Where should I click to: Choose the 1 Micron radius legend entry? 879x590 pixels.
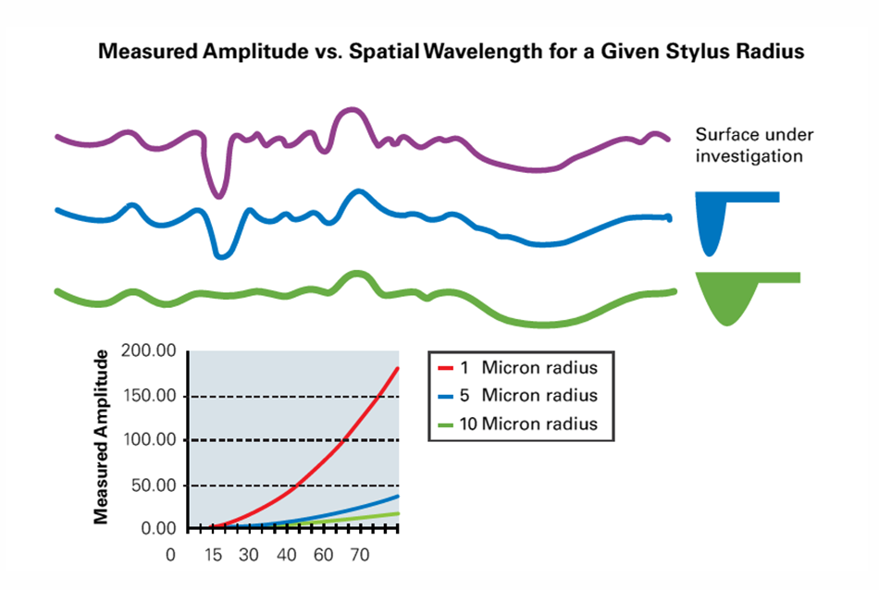pyautogui.click(x=517, y=367)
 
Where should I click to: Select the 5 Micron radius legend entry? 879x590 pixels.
pyautogui.click(x=517, y=396)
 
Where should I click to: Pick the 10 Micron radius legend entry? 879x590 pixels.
pyautogui.click(x=517, y=424)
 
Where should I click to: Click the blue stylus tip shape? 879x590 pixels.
pyautogui.click(x=711, y=222)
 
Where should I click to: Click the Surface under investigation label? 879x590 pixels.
pyautogui.click(x=749, y=146)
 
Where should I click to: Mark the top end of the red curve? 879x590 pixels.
pyautogui.click(x=398, y=368)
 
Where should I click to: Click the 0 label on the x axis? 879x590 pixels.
pyautogui.click(x=170, y=557)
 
